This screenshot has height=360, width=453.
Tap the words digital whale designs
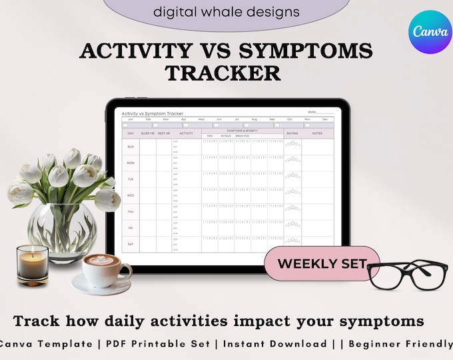tap(226, 11)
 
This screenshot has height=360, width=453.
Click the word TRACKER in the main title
tap(223, 73)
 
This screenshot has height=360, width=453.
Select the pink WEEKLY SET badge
tap(322, 263)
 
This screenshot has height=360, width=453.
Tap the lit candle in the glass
tap(33, 264)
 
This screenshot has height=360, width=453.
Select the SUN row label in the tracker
tap(131, 147)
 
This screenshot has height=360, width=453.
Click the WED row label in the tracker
tap(131, 195)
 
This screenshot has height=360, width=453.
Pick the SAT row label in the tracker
tap(131, 244)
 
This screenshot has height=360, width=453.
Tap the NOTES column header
tap(316, 133)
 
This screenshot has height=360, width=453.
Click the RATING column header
tap(292, 133)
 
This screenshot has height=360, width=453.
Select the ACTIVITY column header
tap(186, 133)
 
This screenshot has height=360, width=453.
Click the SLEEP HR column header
tap(147, 133)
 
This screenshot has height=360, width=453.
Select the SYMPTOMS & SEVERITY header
tap(242, 131)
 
